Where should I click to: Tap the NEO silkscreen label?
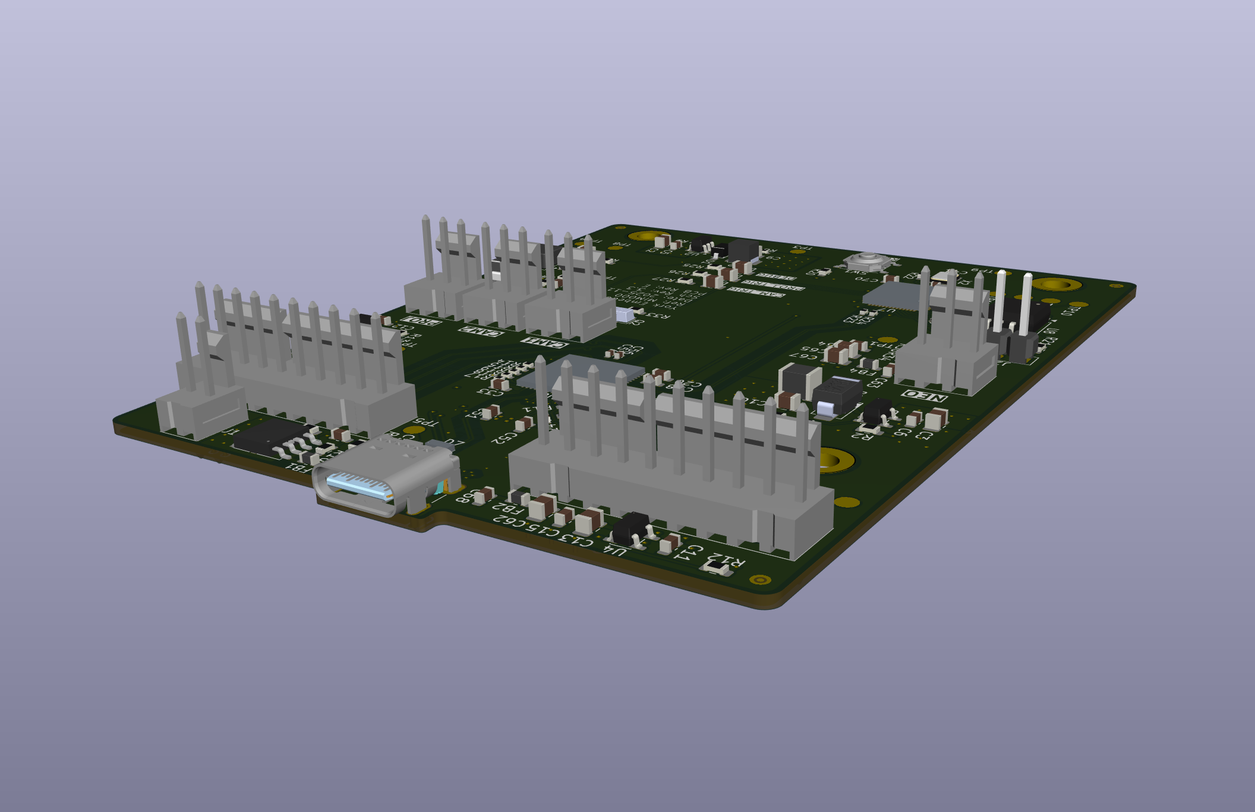pyautogui.click(x=923, y=396)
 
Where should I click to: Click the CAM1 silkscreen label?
pyautogui.click(x=544, y=342)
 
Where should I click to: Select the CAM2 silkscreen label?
pyautogui.click(x=480, y=331)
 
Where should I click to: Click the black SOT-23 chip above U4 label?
pyautogui.click(x=632, y=527)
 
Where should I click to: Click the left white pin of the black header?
pyautogui.click(x=1001, y=300)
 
